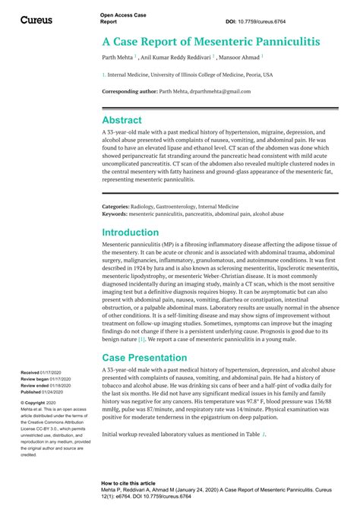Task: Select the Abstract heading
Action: click(122, 120)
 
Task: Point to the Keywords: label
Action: click(115, 214)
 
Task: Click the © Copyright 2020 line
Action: click(45, 403)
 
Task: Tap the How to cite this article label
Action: click(129, 483)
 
